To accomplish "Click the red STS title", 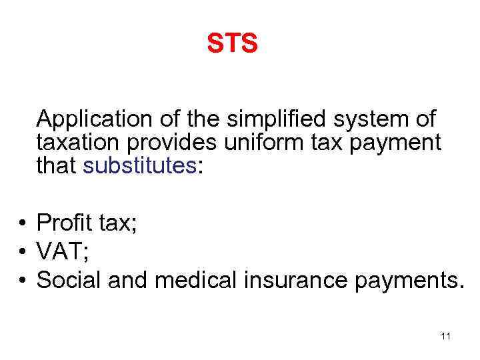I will [232, 44].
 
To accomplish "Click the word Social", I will [68, 281].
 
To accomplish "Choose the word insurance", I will [294, 281].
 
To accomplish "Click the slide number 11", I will [446, 336].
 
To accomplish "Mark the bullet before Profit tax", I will [23, 222].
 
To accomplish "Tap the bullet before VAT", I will [23, 252].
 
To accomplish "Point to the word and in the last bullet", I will [127, 281].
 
